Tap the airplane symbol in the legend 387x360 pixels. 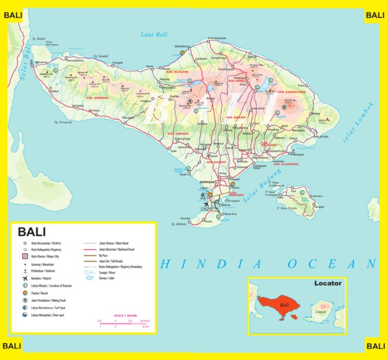25,278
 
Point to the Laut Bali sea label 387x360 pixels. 153,34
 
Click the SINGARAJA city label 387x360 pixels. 182,46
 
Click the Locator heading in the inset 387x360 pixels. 327,283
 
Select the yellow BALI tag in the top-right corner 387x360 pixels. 375,15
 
